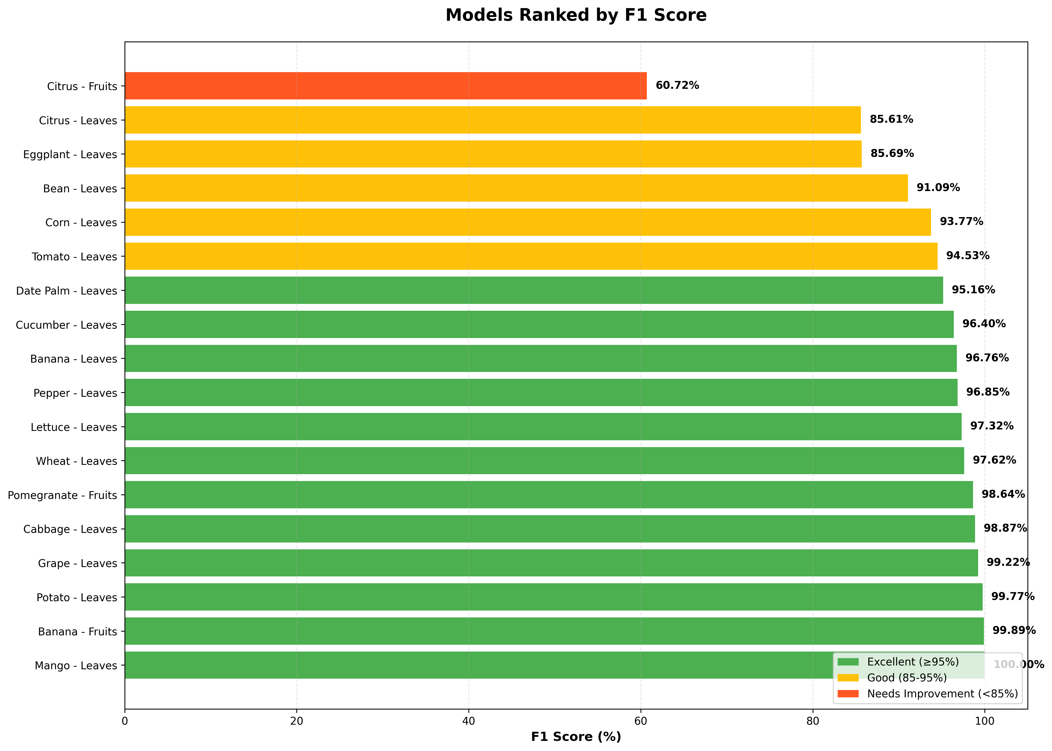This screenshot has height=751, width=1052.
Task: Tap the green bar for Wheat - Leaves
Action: click(x=544, y=461)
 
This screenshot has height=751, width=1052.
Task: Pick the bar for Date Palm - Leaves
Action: click(x=534, y=290)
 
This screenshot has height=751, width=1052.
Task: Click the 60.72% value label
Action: click(x=677, y=86)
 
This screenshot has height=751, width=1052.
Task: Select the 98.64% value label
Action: click(x=1003, y=494)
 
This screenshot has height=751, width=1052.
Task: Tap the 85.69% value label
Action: click(x=892, y=154)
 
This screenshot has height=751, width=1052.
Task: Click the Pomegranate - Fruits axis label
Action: click(x=63, y=495)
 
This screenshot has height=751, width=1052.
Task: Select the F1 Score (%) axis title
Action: click(x=576, y=737)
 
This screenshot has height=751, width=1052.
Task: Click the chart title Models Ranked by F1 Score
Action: click(x=576, y=15)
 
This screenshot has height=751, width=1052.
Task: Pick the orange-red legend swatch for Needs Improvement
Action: click(x=848, y=694)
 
